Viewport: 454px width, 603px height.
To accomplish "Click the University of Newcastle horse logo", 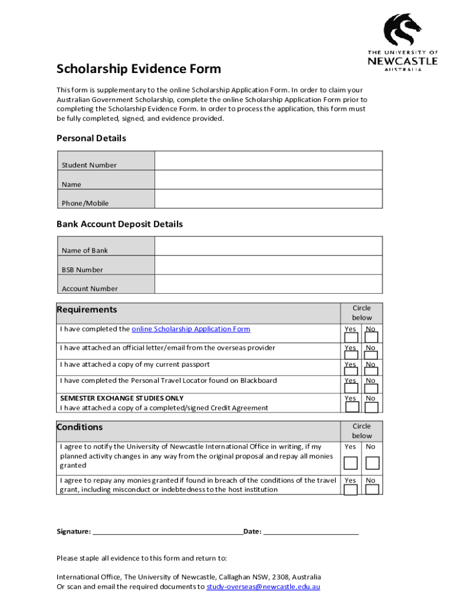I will pyautogui.click(x=403, y=31).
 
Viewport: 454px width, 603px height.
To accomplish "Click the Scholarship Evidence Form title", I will pyautogui.click(x=139, y=69).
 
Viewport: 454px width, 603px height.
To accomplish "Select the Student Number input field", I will pyautogui.click(x=268, y=161).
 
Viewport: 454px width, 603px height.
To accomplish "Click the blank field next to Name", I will pyautogui.click(x=268, y=180).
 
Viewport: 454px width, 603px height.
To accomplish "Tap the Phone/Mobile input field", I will pyautogui.click(x=268, y=199).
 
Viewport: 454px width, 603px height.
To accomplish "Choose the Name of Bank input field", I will pyautogui.click(x=268, y=246).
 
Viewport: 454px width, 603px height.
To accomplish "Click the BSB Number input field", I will pyautogui.click(x=268, y=266).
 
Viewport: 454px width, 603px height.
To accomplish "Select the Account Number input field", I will pyautogui.click(x=268, y=284).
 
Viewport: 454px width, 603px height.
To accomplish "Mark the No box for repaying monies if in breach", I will pyautogui.click(x=371, y=489).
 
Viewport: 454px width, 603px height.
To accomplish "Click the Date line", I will pyautogui.click(x=311, y=531).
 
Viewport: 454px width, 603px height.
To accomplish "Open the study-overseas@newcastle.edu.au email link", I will pyautogui.click(x=264, y=587).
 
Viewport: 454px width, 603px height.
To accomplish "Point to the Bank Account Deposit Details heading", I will pyautogui.click(x=120, y=224).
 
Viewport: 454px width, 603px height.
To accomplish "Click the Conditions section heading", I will pyautogui.click(x=80, y=427).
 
